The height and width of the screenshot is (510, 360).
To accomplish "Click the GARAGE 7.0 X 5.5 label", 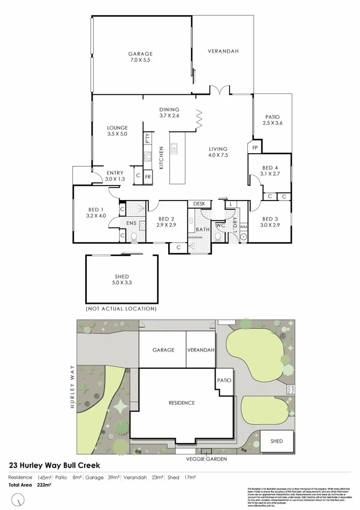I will [140, 57].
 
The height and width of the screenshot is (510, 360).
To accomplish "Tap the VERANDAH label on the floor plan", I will [223, 51].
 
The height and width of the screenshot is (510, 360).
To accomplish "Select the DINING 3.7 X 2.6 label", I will [169, 112].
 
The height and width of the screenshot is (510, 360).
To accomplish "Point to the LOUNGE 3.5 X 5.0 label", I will [117, 130].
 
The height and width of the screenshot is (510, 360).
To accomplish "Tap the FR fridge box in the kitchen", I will [148, 176].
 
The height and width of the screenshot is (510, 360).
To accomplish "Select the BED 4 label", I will [270, 170].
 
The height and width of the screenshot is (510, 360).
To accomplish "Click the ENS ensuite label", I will [131, 223].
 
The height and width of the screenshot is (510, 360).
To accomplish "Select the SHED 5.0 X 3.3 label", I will [121, 279].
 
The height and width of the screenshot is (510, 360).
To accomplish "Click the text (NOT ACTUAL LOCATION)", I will [121, 309].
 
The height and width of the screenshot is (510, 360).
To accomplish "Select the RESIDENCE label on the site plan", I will [182, 403].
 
